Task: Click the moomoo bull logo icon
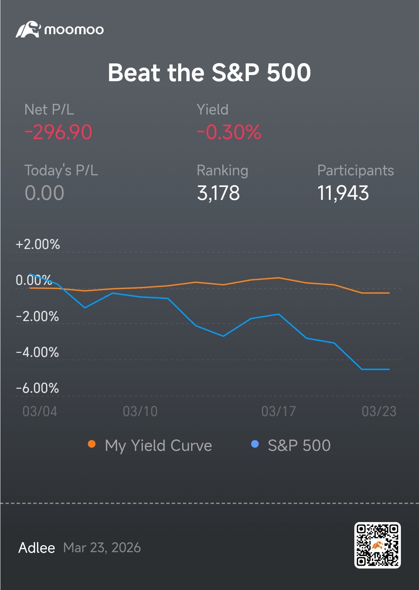pyautogui.click(x=28, y=29)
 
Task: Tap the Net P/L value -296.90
pyautogui.click(x=58, y=132)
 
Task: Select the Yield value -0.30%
pyautogui.click(x=229, y=132)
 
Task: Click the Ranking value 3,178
pyautogui.click(x=218, y=193)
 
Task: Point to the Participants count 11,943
pyautogui.click(x=343, y=193)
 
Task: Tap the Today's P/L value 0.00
pyautogui.click(x=45, y=193)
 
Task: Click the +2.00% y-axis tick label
pyautogui.click(x=38, y=244)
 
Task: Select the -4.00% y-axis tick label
pyautogui.click(x=38, y=352)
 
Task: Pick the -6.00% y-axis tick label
pyautogui.click(x=38, y=388)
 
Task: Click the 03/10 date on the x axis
pyautogui.click(x=140, y=411)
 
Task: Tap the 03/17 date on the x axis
pyautogui.click(x=278, y=411)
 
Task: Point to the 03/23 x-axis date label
pyautogui.click(x=379, y=411)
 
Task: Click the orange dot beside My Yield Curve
pyautogui.click(x=92, y=444)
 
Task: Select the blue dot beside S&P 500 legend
pyautogui.click(x=255, y=444)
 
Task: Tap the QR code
pyautogui.click(x=377, y=545)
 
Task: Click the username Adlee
pyautogui.click(x=37, y=548)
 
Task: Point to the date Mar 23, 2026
pyautogui.click(x=102, y=548)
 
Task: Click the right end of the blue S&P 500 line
pyautogui.click(x=389, y=369)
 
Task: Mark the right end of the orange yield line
pyautogui.click(x=389, y=293)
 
